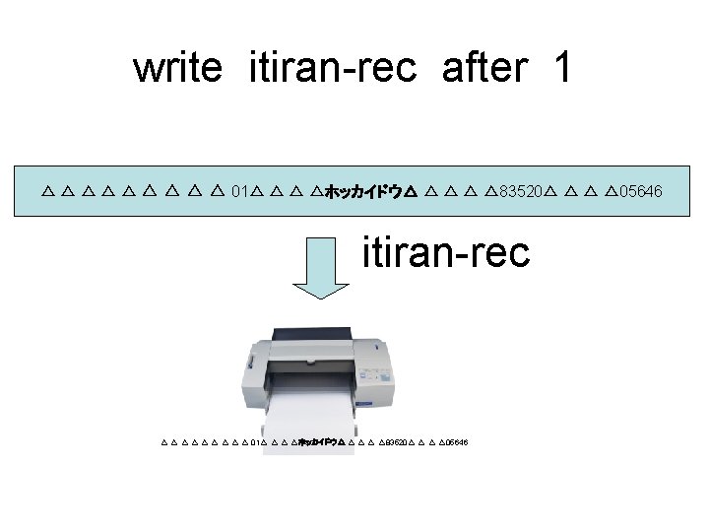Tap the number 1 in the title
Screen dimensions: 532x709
[x=561, y=68]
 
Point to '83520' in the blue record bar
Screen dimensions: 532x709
[x=518, y=189]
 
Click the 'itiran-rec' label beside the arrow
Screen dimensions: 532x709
[x=446, y=252]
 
